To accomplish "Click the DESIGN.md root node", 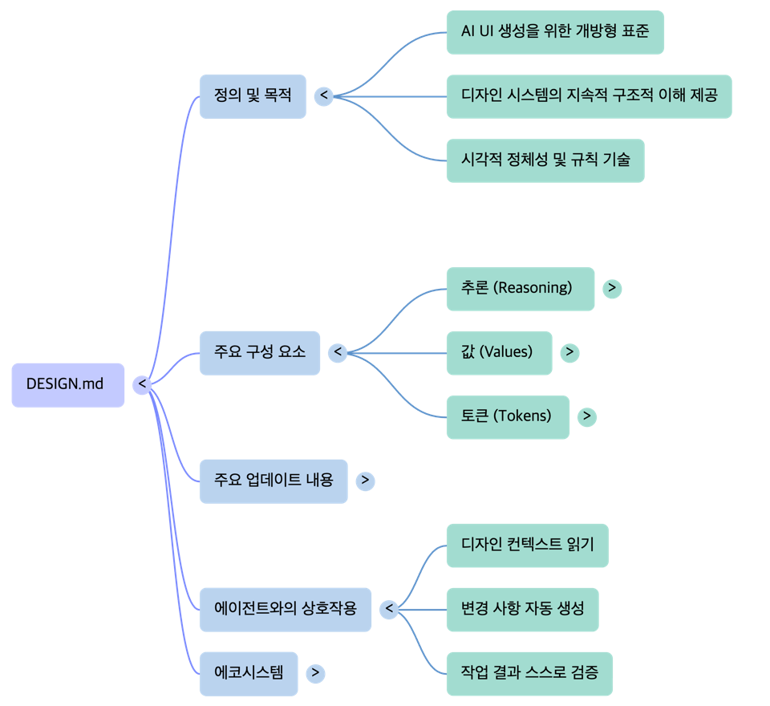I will (68, 384).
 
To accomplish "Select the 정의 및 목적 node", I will (252, 96).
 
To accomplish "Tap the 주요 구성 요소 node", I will (259, 352).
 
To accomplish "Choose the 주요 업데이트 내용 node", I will (274, 481).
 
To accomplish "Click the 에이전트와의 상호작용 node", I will (285, 609).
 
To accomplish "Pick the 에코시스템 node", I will (249, 673).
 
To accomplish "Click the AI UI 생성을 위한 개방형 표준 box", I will (555, 32).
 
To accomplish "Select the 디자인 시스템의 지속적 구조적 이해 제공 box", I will (589, 96).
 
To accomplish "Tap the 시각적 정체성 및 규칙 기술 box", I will (545, 160).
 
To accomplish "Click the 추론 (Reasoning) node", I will (520, 288).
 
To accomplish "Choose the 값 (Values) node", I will (499, 352).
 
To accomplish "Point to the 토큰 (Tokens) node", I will (508, 416).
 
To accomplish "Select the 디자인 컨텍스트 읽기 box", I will (528, 545).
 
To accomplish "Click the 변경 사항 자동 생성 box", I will (522, 609).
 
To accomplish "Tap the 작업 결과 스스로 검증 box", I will (529, 673).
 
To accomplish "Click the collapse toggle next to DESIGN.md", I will (143, 385).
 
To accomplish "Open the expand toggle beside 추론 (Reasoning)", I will (612, 288).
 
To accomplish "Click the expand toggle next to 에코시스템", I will (316, 673).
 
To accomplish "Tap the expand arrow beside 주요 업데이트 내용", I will (365, 481).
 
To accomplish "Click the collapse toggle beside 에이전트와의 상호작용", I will (389, 609).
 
